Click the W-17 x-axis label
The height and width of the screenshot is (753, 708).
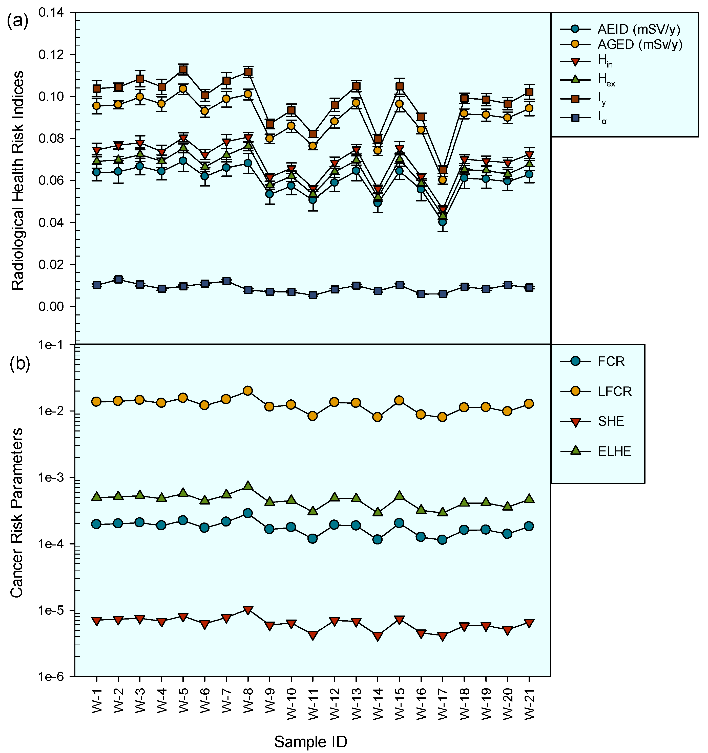443,703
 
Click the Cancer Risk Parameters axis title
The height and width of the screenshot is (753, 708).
17,513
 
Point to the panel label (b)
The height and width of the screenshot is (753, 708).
20,364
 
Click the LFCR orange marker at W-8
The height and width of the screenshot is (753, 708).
248,391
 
